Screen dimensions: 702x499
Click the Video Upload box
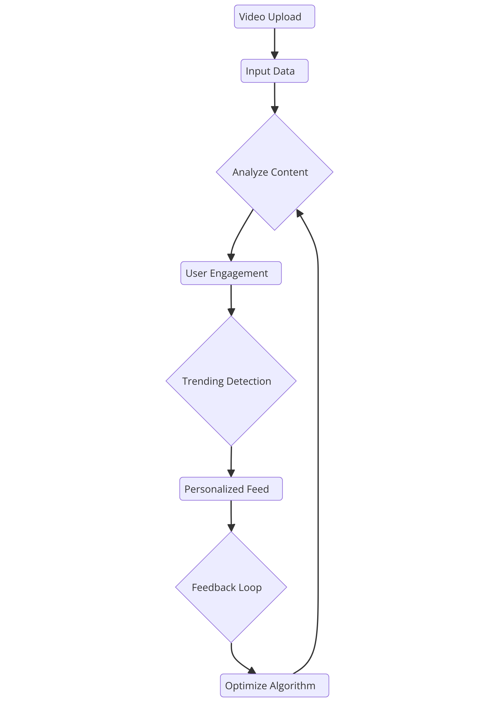point(274,17)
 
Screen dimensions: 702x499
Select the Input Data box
point(274,71)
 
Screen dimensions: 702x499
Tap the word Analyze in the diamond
point(250,172)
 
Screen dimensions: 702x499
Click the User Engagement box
point(231,273)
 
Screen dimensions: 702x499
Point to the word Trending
point(203,381)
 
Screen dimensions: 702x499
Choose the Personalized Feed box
point(231,489)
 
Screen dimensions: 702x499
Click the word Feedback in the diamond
point(214,587)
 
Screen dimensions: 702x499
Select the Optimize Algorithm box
point(274,685)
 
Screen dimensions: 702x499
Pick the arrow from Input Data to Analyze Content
point(274,97)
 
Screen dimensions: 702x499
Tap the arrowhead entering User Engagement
point(231,257)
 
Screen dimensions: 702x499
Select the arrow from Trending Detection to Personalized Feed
point(231,460)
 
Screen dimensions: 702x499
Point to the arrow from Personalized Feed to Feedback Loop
point(231,515)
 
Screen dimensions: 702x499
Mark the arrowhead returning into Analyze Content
point(299,213)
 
